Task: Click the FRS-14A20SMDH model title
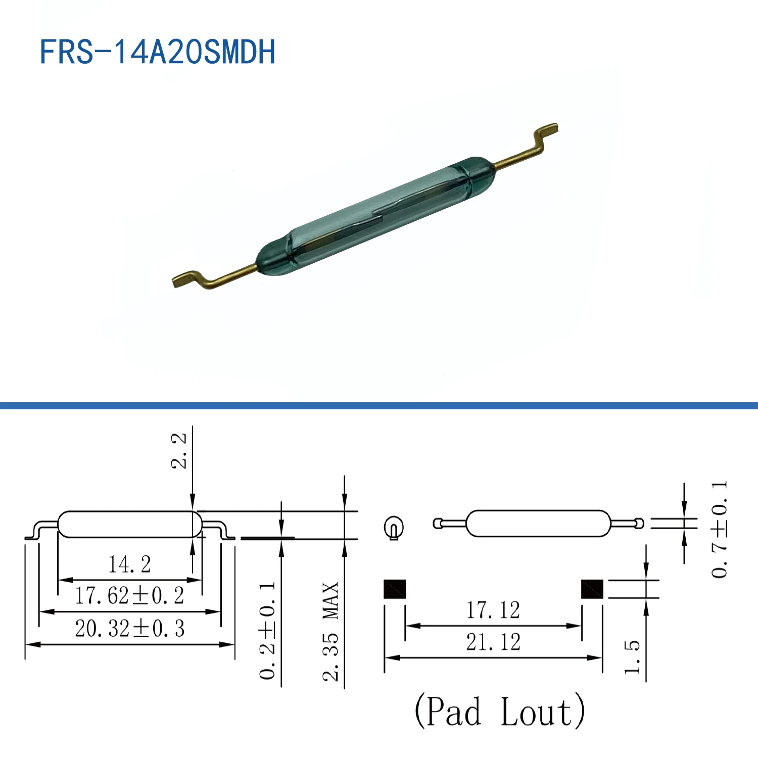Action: pyautogui.click(x=157, y=52)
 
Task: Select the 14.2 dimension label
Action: pyautogui.click(x=129, y=564)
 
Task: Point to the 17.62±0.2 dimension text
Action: pyautogui.click(x=129, y=596)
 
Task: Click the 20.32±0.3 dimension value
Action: pyautogui.click(x=129, y=629)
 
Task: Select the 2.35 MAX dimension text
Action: pyautogui.click(x=330, y=632)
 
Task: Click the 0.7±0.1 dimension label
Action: pyautogui.click(x=719, y=530)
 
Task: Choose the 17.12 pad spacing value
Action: pyautogui.click(x=493, y=610)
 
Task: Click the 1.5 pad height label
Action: pyautogui.click(x=632, y=657)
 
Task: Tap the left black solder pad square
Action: pyautogui.click(x=395, y=589)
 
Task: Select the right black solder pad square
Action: pyautogui.click(x=592, y=589)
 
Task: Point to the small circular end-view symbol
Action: pyautogui.click(x=394, y=528)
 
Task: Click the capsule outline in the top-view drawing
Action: pyautogui.click(x=538, y=524)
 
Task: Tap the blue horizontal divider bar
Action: pyautogui.click(x=379, y=405)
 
